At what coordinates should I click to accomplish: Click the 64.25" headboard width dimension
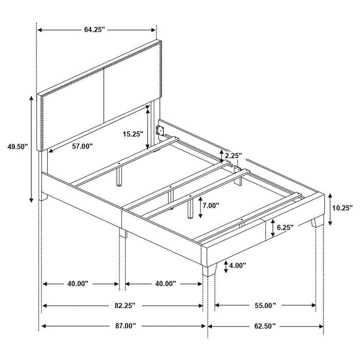click(95, 29)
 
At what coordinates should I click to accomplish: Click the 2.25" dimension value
click(232, 155)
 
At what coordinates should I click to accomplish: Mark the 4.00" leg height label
click(237, 265)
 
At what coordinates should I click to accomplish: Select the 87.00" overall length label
click(123, 326)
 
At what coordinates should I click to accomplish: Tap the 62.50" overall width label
click(264, 326)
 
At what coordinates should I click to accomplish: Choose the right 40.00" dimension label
click(165, 283)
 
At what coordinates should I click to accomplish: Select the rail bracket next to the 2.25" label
click(237, 169)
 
